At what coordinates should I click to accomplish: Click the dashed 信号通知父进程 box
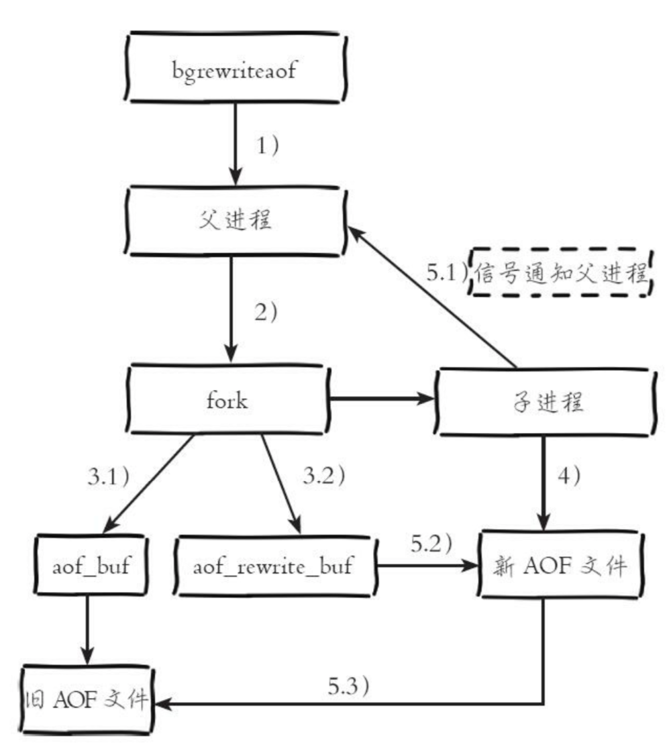click(x=562, y=273)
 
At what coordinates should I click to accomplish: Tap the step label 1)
click(x=268, y=146)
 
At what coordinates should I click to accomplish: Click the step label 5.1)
click(x=447, y=273)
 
